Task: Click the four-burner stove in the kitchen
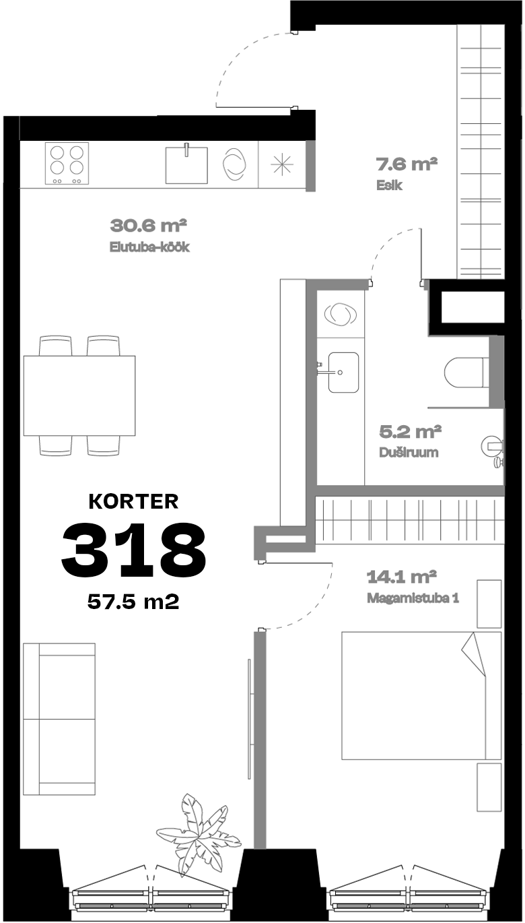(x=67, y=163)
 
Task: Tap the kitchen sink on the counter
(x=186, y=165)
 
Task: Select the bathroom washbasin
(x=343, y=372)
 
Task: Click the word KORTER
(x=133, y=501)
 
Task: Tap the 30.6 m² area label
(x=149, y=226)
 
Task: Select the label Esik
(x=389, y=185)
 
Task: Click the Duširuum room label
(x=409, y=453)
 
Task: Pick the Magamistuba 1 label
(x=413, y=598)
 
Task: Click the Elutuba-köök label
(x=149, y=247)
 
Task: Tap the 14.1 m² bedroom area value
(x=401, y=577)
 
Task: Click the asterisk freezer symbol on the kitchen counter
(x=282, y=164)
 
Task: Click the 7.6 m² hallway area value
(x=407, y=164)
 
